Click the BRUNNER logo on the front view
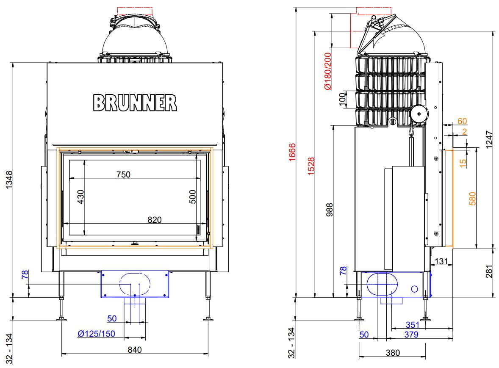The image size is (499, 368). point(135,102)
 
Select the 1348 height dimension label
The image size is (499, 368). point(10,180)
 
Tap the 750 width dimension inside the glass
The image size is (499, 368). point(123,174)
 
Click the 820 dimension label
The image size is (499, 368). point(154,219)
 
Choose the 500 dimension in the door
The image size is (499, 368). point(192,196)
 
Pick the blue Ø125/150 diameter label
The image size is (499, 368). point(97,334)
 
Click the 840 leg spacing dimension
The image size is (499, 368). point(135,350)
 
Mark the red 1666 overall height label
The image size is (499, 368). point(292,152)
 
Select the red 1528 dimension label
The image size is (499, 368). point(311,166)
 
